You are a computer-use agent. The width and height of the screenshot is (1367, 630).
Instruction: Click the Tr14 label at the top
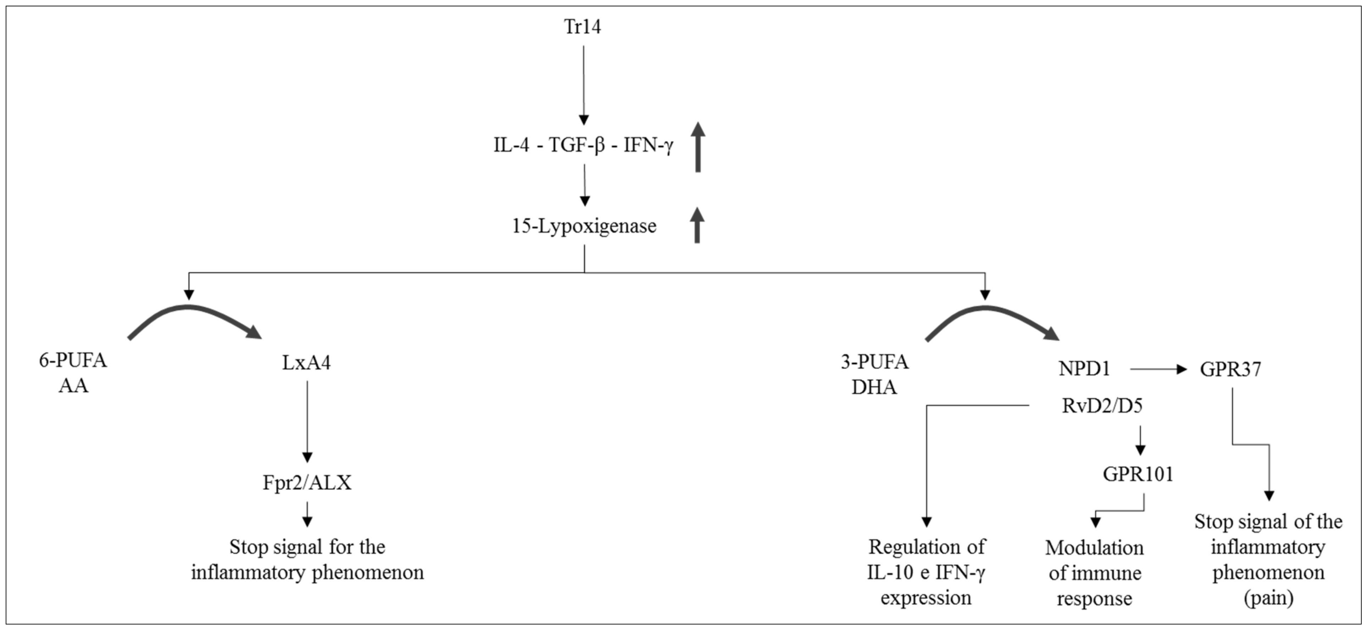582,27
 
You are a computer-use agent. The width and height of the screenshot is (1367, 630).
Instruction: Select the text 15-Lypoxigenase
584,226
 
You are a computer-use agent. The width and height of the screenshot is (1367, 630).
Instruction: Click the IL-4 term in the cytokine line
511,145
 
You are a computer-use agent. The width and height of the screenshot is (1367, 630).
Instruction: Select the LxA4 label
306,363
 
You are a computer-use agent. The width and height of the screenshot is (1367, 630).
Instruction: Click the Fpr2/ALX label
307,482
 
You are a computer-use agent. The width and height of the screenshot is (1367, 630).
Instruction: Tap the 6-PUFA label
73,361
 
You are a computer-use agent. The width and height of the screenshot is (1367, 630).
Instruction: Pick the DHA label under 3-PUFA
874,387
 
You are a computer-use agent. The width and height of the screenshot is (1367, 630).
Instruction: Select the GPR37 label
1230,369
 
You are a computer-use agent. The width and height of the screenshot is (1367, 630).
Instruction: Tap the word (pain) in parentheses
1268,598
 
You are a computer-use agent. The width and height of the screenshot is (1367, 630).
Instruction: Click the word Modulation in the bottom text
1094,548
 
